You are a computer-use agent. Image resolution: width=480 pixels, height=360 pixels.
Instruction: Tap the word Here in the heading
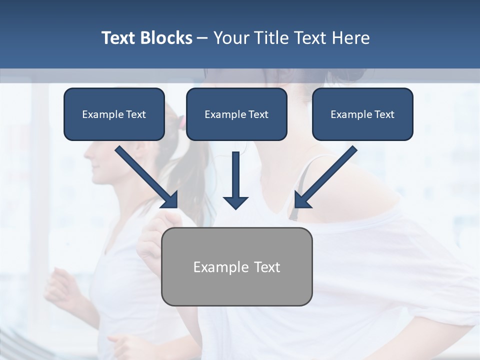(350, 38)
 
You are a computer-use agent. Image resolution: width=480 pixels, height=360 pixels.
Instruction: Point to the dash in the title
(202, 38)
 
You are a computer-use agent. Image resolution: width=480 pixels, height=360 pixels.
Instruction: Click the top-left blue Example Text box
(114, 114)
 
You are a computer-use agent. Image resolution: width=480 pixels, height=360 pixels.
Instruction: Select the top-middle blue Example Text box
(236, 114)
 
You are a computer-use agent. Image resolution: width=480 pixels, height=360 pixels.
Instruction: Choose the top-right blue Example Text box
(362, 114)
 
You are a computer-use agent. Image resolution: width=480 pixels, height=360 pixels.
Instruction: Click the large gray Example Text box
(236, 266)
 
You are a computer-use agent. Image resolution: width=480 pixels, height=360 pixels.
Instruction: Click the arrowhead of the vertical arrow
(235, 202)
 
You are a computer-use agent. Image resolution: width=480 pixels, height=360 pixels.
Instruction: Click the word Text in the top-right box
(384, 114)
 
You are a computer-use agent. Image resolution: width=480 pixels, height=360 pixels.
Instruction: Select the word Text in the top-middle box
(258, 114)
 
